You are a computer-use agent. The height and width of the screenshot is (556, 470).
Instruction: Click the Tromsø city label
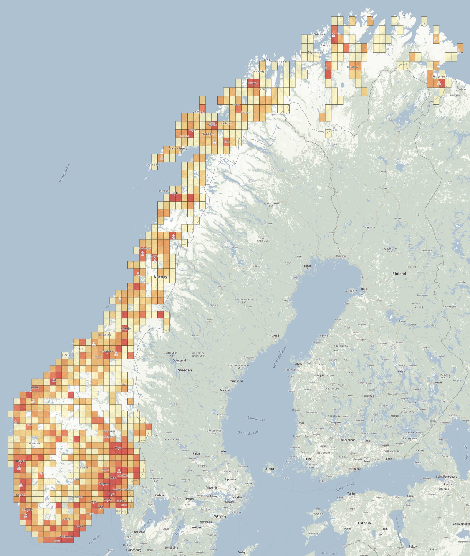tap(253, 83)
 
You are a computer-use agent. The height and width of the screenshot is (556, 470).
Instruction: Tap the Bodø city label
tap(175, 193)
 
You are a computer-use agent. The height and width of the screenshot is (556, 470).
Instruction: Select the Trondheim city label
tap(107, 351)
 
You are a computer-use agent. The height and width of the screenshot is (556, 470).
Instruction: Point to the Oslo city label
tap(113, 477)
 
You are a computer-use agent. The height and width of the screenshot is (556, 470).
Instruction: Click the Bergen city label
tap(21, 461)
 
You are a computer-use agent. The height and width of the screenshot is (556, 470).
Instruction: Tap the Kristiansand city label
tap(66, 536)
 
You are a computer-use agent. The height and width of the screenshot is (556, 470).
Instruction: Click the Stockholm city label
tap(238, 497)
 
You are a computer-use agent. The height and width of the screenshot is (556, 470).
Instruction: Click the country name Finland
tap(399, 274)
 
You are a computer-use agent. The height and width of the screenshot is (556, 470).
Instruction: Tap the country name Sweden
tap(185, 370)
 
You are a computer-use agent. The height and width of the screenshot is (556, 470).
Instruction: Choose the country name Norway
tap(161, 277)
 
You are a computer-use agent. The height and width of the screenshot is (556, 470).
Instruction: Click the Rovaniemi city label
tap(368, 227)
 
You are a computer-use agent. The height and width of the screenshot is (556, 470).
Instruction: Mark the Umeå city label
tap(275, 336)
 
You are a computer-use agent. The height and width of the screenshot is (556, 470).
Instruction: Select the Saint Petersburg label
tap(446, 476)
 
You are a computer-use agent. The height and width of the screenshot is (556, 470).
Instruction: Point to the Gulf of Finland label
tap(345, 487)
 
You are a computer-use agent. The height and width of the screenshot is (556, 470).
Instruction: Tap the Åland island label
tap(270, 469)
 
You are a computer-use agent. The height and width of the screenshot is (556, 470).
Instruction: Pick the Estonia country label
tap(364, 523)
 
